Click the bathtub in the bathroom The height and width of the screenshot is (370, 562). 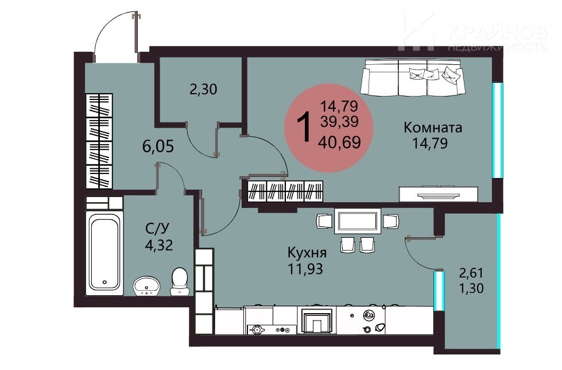(x=104, y=253)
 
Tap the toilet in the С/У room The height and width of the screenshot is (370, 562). (x=179, y=282)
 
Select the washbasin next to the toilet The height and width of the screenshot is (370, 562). (x=146, y=286)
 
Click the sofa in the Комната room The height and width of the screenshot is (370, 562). (x=413, y=77)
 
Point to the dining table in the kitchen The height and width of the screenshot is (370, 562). (x=357, y=221)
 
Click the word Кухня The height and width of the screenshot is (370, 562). (x=307, y=253)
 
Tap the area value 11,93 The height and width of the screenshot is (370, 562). (x=306, y=268)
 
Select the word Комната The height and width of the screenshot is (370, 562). (x=433, y=128)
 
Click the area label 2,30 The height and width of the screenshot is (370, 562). (x=203, y=90)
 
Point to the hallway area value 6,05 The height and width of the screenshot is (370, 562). (x=158, y=147)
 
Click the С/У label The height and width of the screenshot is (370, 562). (x=158, y=228)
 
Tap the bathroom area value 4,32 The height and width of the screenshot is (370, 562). (x=159, y=245)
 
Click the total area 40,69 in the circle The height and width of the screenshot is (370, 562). (x=339, y=142)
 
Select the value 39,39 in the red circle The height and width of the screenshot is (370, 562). (x=339, y=122)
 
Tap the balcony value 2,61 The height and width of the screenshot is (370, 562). (x=471, y=273)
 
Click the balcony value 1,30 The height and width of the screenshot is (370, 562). (x=471, y=288)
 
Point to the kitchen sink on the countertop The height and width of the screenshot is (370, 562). (x=316, y=321)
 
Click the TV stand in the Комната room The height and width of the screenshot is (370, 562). (x=439, y=194)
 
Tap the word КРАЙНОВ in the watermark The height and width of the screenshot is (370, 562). (x=498, y=33)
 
